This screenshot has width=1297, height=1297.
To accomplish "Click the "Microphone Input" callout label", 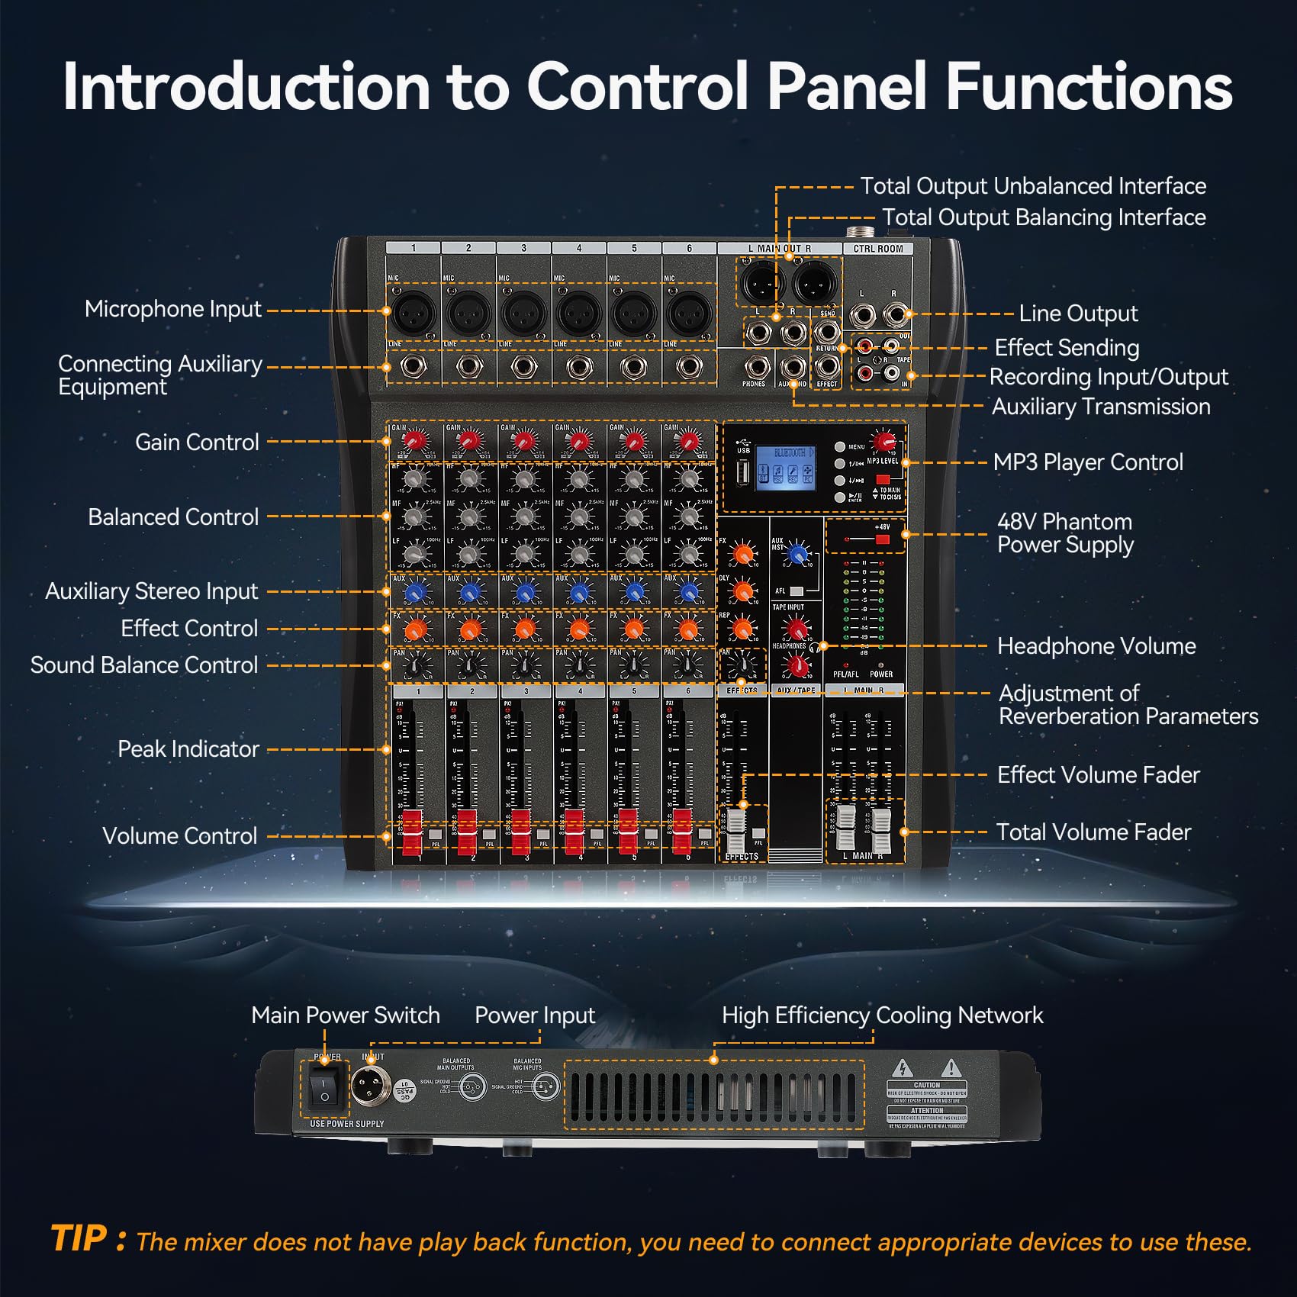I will [172, 309].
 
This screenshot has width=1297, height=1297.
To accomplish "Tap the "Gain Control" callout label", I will [197, 443].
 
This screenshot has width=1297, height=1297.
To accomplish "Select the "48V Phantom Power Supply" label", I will [1065, 533].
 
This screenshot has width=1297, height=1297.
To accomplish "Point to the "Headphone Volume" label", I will [1096, 646].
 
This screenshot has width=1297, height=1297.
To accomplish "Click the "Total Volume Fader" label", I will [1093, 832].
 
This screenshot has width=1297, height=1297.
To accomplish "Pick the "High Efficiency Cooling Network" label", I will [882, 1015].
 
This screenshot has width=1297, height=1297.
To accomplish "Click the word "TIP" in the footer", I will [79, 1239].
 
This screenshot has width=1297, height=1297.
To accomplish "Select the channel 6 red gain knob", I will [688, 441].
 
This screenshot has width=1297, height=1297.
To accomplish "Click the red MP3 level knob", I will [883, 442].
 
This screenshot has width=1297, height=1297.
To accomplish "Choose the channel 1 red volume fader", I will [412, 832].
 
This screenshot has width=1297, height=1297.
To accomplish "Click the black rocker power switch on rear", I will [324, 1089].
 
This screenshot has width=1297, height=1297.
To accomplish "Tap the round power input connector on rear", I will [371, 1084].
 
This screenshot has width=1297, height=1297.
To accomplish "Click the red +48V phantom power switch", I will [882, 539].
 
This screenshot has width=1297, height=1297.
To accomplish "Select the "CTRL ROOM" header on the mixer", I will [877, 249].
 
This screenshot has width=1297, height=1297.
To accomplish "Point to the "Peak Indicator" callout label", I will [188, 749].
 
